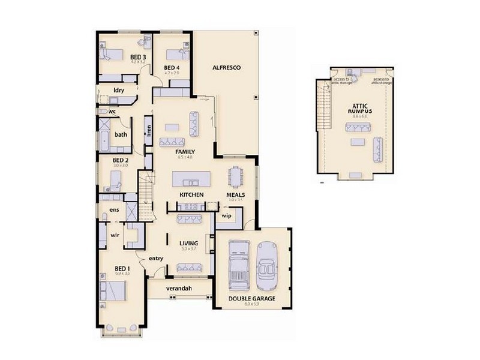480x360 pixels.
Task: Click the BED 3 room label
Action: [x=138, y=57]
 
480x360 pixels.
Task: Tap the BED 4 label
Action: [x=172, y=67]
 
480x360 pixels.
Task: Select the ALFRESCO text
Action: [x=226, y=68]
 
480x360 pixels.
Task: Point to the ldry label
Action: [x=118, y=92]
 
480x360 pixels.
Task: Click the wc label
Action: [x=112, y=112]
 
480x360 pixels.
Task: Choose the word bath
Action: [x=121, y=134]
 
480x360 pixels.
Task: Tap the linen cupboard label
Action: [x=148, y=131]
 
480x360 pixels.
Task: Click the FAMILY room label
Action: [x=184, y=152]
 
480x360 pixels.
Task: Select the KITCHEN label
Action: [x=191, y=195]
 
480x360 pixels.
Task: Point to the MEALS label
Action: [x=235, y=195]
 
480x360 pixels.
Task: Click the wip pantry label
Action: [x=226, y=215]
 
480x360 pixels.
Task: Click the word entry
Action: [x=156, y=259]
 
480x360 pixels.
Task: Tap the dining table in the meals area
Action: [x=235, y=176]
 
